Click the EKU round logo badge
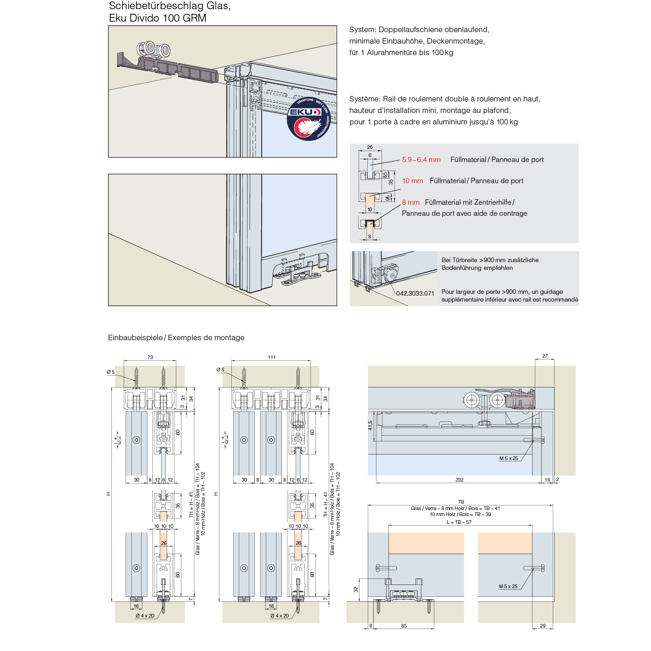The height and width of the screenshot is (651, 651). (308, 118)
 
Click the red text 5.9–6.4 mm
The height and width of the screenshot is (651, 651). (421, 160)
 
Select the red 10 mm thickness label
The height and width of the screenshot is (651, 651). (412, 181)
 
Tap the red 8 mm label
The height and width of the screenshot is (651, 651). (410, 202)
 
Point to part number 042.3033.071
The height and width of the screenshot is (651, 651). (415, 293)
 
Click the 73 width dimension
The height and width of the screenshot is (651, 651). (150, 357)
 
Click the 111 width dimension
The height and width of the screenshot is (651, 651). (272, 357)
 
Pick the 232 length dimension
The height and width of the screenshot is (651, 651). (459, 480)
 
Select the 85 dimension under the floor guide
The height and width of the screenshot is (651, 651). (404, 626)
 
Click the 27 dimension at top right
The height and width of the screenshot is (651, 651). (545, 356)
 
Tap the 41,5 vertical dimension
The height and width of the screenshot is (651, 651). (370, 426)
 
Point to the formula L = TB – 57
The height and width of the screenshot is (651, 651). (459, 522)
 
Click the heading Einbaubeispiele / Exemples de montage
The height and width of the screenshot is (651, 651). (176, 338)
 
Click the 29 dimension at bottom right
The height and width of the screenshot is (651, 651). (543, 626)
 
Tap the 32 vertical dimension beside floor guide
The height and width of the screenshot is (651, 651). (356, 589)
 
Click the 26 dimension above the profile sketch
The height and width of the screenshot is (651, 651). (370, 147)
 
